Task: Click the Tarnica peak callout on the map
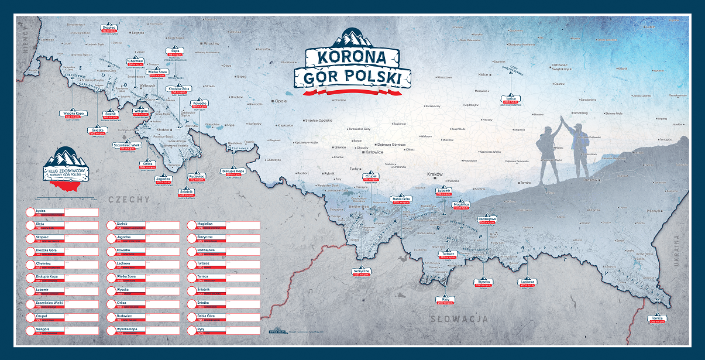[x=657, y=320]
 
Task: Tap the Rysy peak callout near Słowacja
[x=445, y=301]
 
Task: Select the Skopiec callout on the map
[x=109, y=29]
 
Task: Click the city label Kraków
[x=435, y=174]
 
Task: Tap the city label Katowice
[x=374, y=152]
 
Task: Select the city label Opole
[x=281, y=101]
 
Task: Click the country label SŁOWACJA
[x=459, y=318]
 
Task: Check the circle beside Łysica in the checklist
[x=30, y=212]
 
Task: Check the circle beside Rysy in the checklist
[x=192, y=330]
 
